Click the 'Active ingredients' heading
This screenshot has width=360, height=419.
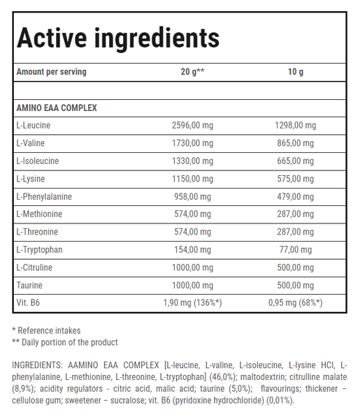pos(117,38)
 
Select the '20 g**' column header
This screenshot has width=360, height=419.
pos(192,73)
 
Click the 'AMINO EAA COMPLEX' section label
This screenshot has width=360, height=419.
pos(57,108)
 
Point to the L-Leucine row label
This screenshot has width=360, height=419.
pos(34,126)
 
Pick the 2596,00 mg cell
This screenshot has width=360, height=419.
pos(192,126)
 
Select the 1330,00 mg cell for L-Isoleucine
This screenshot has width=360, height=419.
pos(192,161)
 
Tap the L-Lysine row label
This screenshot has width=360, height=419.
pos(31,179)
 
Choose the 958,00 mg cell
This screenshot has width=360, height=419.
pos(192,197)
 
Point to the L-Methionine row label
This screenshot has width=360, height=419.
pos(39,214)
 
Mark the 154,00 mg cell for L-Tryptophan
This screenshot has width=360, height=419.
pos(192,250)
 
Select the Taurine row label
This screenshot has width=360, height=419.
pos(29,286)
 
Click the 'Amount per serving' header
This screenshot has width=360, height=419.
pos(51,73)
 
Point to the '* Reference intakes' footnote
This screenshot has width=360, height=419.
pos(46,330)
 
